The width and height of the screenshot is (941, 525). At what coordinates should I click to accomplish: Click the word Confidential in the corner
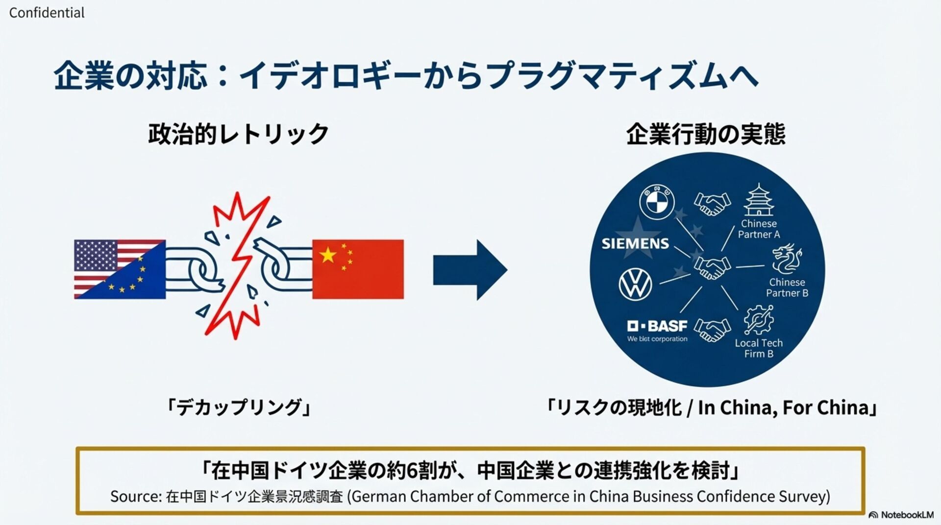click(x=47, y=13)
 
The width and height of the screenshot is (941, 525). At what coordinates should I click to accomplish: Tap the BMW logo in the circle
click(x=657, y=202)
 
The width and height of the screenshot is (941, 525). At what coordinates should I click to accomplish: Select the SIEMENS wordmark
click(x=635, y=243)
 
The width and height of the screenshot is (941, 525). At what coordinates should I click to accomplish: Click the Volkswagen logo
click(x=635, y=284)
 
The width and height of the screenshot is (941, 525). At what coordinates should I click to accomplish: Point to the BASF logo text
click(x=657, y=326)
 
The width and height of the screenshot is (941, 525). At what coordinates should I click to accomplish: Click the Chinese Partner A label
click(x=759, y=229)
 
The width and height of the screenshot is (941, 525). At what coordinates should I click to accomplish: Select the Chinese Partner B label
click(x=787, y=288)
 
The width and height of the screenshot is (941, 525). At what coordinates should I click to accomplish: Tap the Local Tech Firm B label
click(x=759, y=348)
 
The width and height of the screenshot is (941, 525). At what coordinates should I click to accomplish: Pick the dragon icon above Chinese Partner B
click(x=787, y=259)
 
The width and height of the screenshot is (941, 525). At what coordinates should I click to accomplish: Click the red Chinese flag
click(x=358, y=269)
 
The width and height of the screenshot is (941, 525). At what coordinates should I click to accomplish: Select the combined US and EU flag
click(x=120, y=269)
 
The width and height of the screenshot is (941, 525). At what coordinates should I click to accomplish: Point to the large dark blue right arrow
click(x=470, y=269)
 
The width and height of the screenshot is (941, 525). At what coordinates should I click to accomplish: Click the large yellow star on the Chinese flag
click(x=328, y=255)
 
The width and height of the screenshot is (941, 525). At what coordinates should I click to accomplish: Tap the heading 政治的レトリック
click(x=238, y=134)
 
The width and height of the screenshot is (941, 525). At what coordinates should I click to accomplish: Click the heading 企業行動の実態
click(x=706, y=134)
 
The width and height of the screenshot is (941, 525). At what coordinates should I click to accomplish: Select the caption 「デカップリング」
click(x=238, y=407)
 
